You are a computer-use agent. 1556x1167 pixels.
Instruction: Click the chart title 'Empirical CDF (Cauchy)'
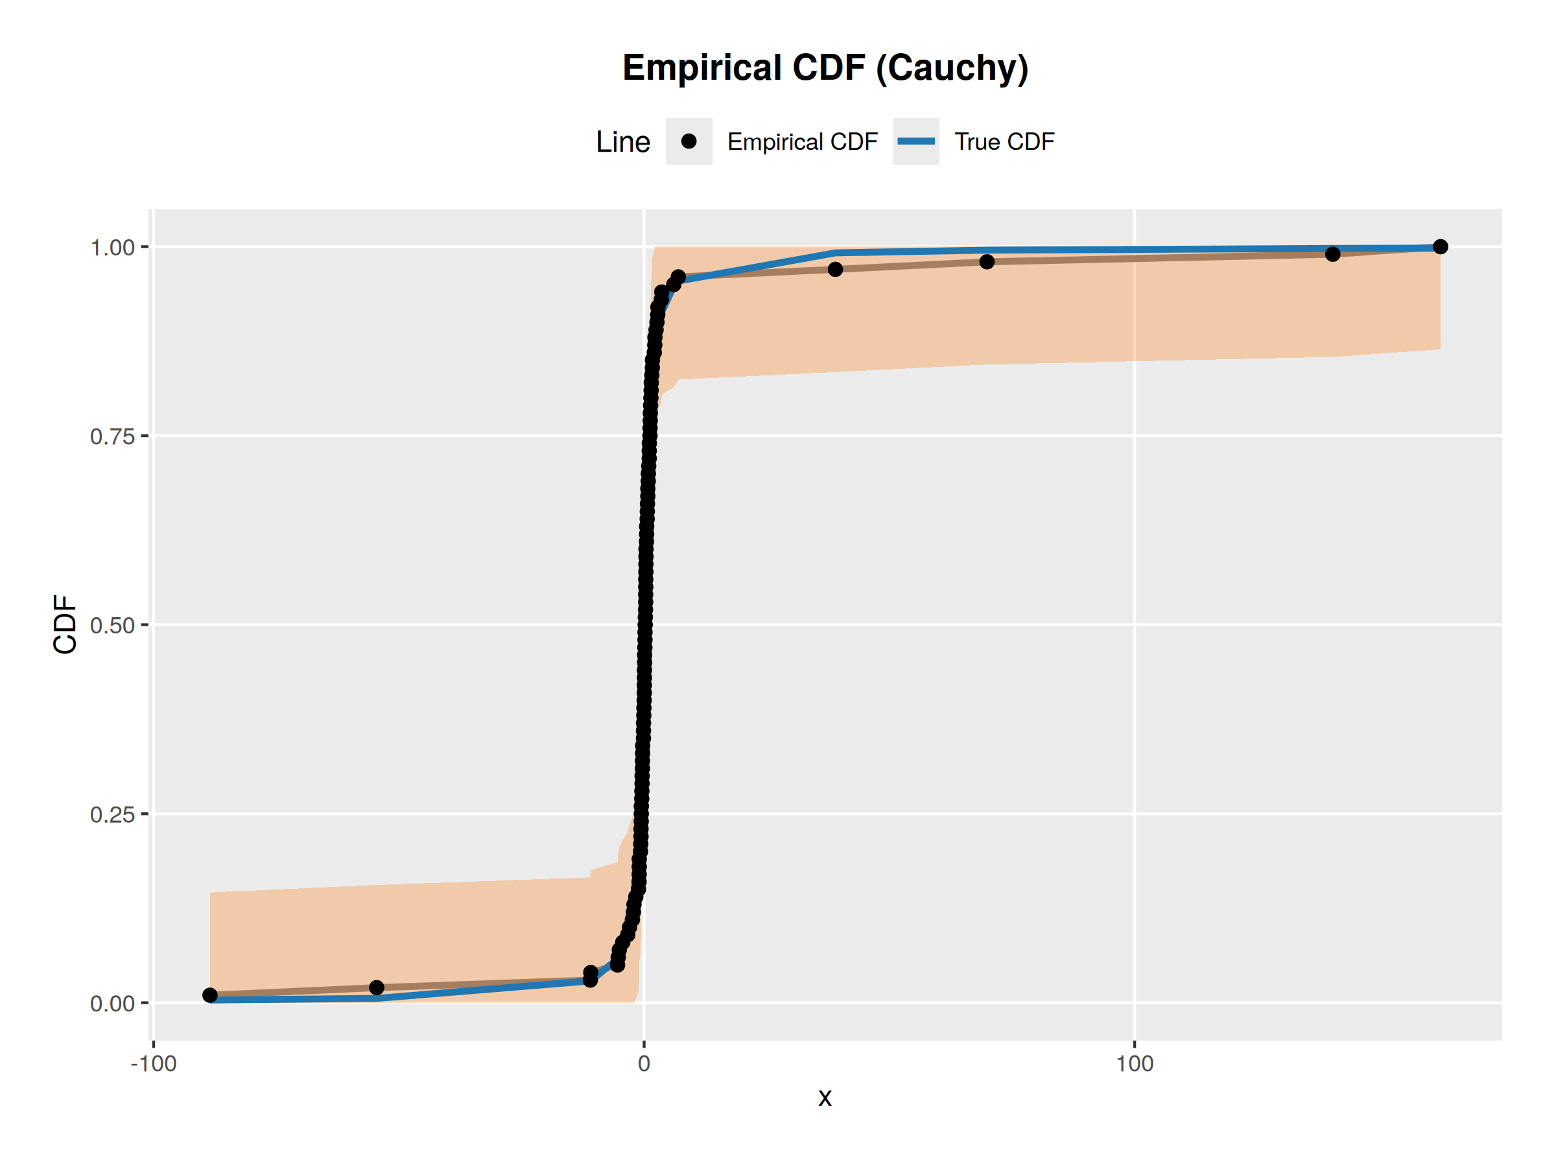tap(825, 68)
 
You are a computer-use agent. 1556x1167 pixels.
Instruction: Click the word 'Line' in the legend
tap(622, 142)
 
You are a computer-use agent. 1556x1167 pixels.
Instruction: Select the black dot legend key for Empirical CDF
tap(689, 141)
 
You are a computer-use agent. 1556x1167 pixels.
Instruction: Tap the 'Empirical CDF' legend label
tap(802, 142)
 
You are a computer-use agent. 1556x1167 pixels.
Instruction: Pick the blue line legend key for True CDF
tap(915, 141)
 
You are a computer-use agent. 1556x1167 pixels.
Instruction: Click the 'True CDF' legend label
tap(1004, 142)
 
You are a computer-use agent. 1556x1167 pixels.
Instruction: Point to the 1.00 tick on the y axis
tap(113, 248)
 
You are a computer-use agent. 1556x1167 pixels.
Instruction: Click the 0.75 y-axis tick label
tap(113, 437)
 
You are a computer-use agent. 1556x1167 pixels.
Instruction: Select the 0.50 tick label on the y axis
tap(113, 626)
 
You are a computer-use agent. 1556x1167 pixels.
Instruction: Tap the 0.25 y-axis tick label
tap(113, 814)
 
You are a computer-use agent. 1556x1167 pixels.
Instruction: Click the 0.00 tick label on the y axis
tap(113, 1004)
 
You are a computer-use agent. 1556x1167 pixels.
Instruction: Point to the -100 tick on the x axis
tap(154, 1064)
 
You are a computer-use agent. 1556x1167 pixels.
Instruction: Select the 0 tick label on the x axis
tap(644, 1064)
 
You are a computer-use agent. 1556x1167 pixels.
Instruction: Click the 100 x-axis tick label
tap(1134, 1064)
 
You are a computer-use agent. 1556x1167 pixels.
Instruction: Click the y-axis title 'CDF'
tap(65, 624)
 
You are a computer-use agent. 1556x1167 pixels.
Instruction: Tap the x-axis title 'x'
tap(825, 1098)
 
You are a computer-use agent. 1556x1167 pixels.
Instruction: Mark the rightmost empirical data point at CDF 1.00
tap(1440, 246)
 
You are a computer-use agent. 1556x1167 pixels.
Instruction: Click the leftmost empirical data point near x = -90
tap(209, 995)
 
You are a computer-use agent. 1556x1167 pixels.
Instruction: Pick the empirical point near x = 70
tap(987, 262)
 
